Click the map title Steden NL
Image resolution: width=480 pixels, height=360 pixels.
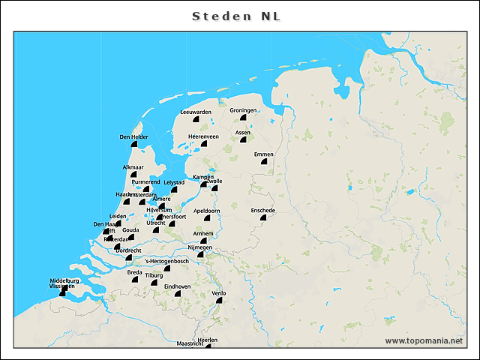[x=237, y=16]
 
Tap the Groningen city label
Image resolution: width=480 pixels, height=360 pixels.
[x=243, y=110]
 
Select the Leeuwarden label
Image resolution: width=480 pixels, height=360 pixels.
[x=196, y=112]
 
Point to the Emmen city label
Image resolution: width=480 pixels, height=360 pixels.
[x=263, y=154]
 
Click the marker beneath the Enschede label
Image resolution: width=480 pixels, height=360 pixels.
[x=263, y=218]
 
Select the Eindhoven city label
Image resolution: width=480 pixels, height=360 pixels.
[x=177, y=286]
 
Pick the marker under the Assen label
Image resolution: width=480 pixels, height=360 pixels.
[x=243, y=140]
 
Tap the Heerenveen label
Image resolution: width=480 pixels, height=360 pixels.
[x=203, y=136]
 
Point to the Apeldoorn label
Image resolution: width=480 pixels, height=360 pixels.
[x=206, y=211]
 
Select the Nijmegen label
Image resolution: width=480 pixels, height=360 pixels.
[x=200, y=247]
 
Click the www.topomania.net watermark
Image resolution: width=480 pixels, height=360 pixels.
[x=424, y=340]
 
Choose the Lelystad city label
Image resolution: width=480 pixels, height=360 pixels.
[x=174, y=181]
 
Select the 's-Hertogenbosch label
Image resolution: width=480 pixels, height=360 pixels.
[x=166, y=260]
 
